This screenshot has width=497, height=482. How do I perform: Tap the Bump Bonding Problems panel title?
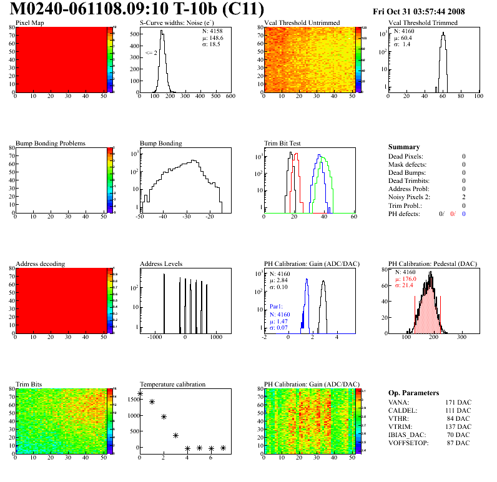click(51, 143)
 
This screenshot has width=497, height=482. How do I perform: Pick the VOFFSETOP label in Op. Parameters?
click(409, 443)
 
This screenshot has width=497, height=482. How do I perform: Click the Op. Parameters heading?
click(413, 393)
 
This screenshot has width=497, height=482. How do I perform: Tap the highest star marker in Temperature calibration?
click(140, 394)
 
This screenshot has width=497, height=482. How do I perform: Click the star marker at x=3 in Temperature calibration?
click(175, 435)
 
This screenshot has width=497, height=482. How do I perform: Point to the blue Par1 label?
click(277, 307)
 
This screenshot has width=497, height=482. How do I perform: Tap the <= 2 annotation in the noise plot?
click(151, 53)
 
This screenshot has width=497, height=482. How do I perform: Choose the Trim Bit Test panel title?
click(283, 143)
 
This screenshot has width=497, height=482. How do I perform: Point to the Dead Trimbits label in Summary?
click(409, 180)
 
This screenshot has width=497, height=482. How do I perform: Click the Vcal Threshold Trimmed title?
click(423, 23)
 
